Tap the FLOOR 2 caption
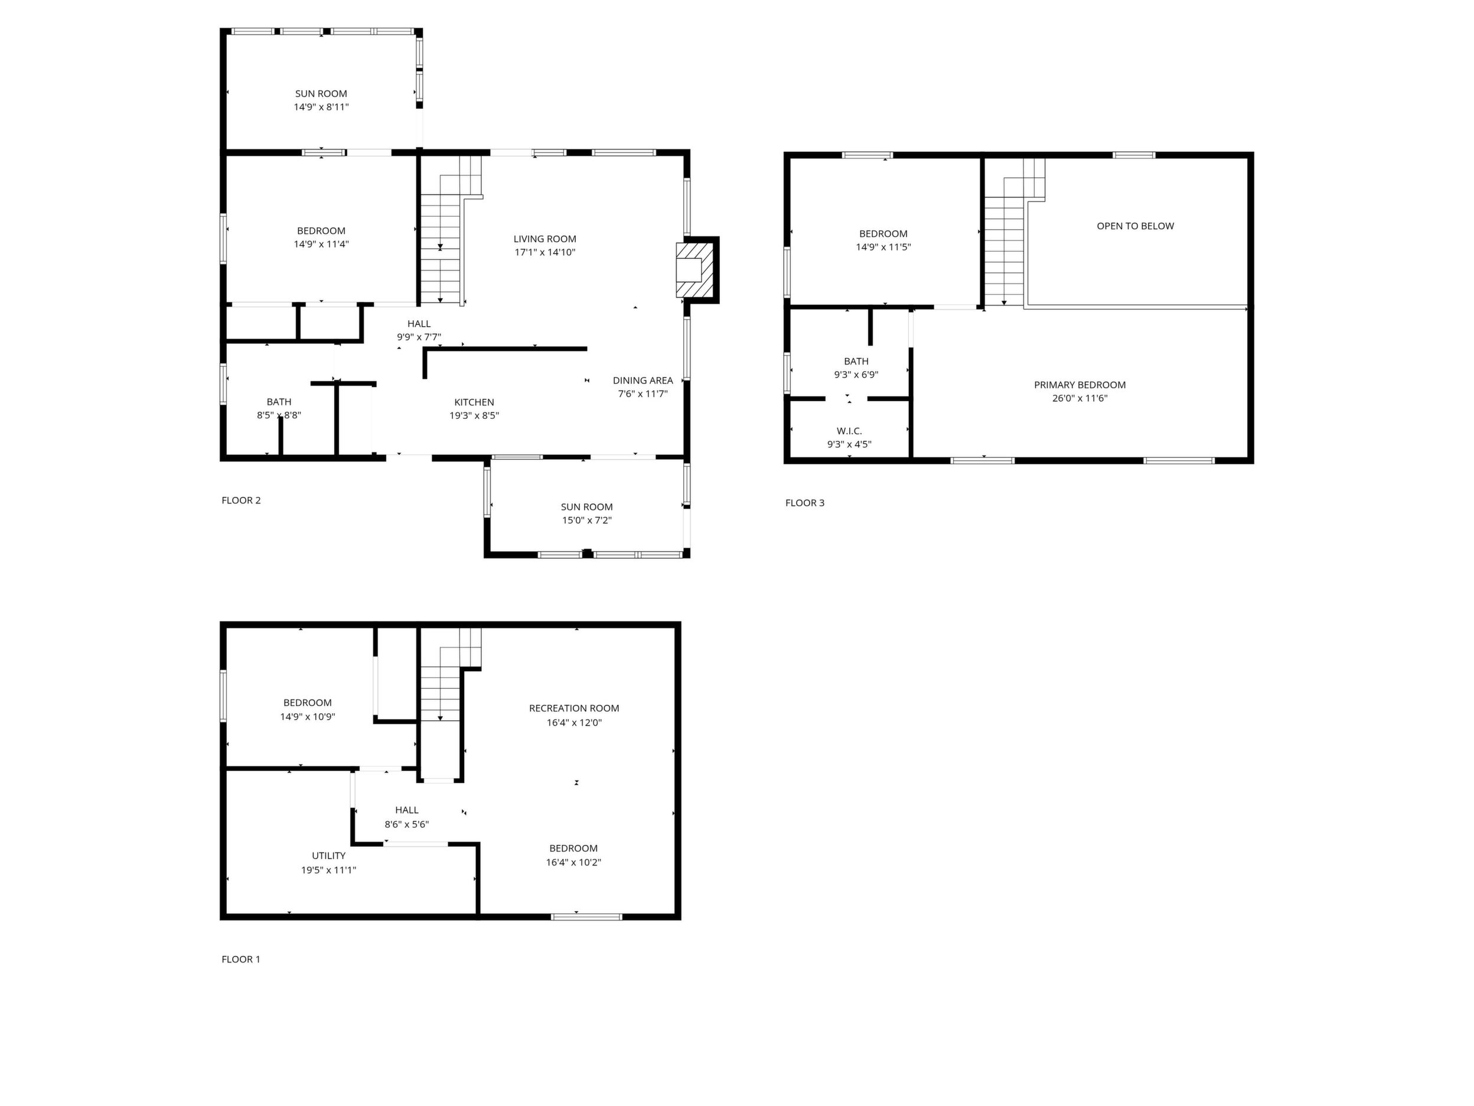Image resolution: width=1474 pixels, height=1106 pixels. (241, 500)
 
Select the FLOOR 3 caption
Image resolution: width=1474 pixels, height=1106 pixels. (805, 503)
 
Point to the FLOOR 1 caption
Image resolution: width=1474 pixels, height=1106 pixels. (241, 959)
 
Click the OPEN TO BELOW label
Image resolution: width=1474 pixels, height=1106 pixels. (1136, 226)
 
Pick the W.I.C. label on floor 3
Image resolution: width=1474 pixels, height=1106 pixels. (850, 431)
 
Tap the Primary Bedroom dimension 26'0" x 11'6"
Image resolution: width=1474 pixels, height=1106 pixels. (1080, 399)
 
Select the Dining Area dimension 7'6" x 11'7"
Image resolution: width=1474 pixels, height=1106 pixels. (643, 394)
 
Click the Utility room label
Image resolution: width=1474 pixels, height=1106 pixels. (329, 856)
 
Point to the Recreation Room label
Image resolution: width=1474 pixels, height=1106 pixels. (575, 708)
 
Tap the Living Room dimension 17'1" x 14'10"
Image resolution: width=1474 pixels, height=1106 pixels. (545, 253)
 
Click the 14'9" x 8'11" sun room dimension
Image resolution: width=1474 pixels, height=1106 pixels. (321, 108)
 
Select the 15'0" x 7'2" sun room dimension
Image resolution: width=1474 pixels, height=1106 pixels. (587, 521)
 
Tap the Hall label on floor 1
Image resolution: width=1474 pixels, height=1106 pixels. (406, 811)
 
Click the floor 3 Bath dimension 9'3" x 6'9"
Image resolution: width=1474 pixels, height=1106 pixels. (856, 375)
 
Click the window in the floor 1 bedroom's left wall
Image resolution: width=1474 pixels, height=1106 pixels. (224, 696)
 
